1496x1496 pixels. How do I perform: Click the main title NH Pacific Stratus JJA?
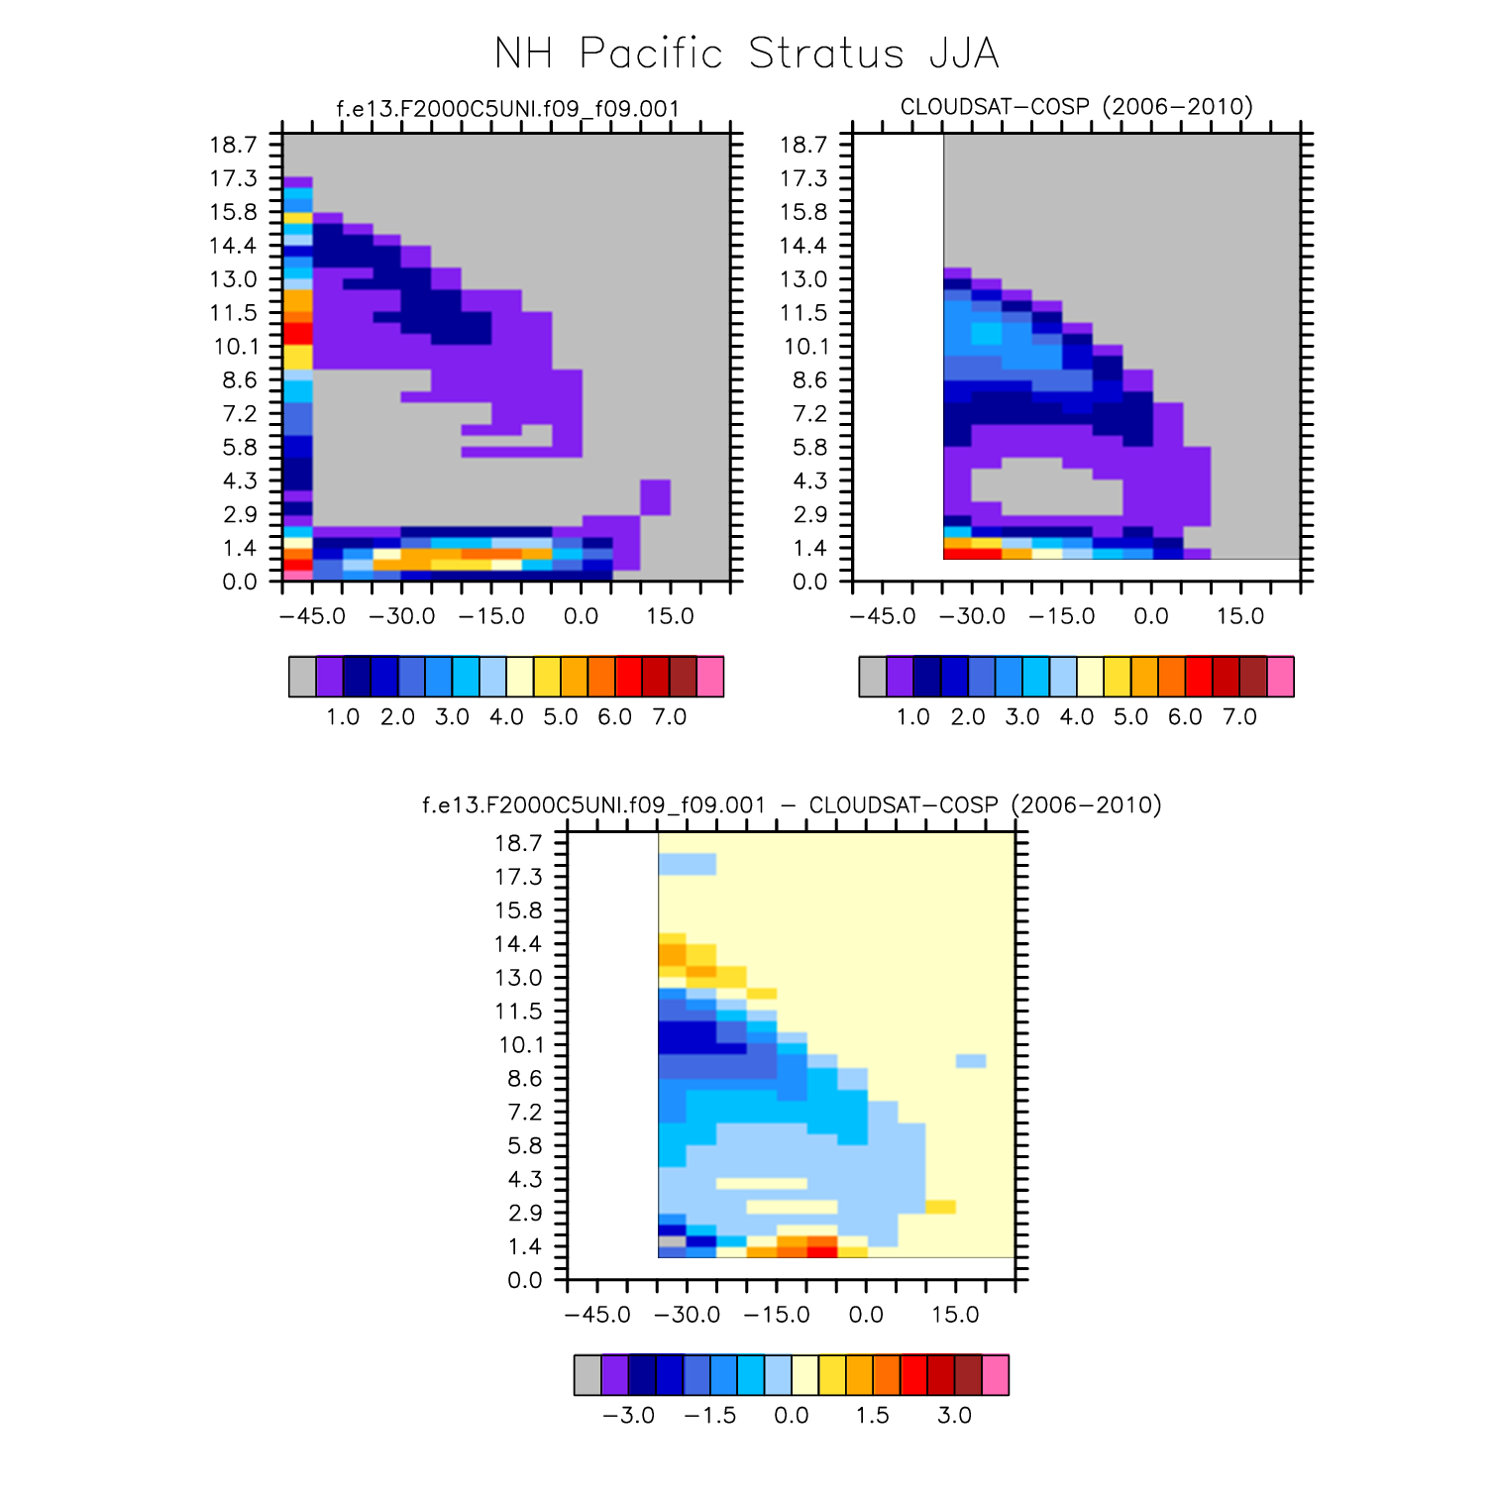(747, 53)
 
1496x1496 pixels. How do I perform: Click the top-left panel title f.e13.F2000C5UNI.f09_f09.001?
(507, 108)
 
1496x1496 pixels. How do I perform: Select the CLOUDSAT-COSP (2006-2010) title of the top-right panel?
(1076, 106)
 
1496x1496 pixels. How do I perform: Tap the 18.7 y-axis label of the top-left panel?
(233, 145)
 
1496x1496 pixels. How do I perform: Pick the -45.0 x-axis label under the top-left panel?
(312, 616)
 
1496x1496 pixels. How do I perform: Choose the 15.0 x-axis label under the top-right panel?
(1239, 616)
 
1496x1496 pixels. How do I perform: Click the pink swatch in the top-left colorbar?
(710, 677)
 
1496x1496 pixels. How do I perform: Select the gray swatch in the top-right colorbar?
(873, 677)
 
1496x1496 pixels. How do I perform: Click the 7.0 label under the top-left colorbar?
(669, 717)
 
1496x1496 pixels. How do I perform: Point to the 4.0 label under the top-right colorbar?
(1076, 717)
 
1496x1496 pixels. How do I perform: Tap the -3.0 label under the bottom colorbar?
(628, 1415)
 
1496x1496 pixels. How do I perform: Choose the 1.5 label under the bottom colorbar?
(872, 1415)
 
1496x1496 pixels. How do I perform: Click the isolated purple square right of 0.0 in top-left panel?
(655, 496)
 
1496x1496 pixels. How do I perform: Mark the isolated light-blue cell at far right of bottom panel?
(970, 1061)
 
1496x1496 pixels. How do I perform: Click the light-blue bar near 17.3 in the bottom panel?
(688, 864)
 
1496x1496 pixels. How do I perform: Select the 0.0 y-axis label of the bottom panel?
(525, 1280)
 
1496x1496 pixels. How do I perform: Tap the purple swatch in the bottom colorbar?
(614, 1375)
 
